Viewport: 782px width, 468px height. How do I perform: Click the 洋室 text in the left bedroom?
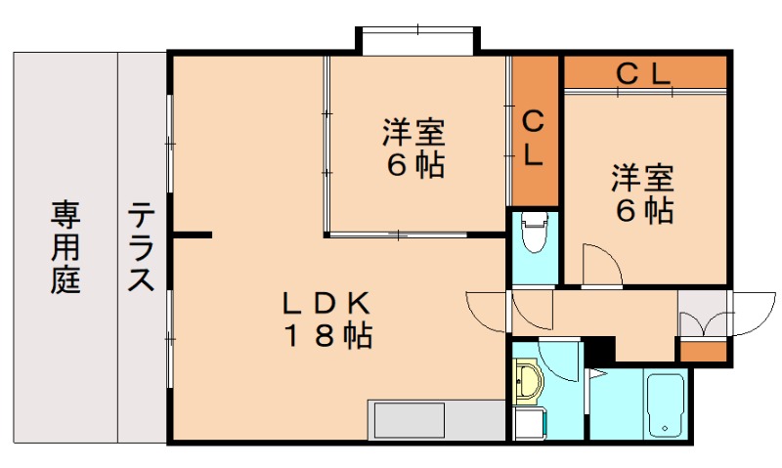click(x=413, y=131)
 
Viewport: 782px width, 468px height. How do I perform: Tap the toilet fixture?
click(x=534, y=234)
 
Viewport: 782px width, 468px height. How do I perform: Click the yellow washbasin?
click(x=528, y=381)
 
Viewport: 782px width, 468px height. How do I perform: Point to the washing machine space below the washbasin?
click(x=529, y=423)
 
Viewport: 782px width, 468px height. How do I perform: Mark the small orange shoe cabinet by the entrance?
click(x=703, y=351)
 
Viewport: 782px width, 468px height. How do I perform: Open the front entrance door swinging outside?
click(x=753, y=312)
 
